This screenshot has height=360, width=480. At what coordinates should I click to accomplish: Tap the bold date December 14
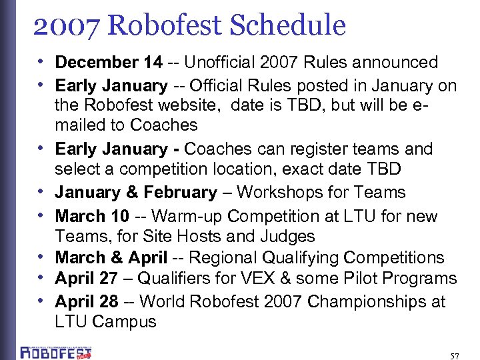coord(108,63)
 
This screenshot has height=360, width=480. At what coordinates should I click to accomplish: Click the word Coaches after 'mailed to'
coord(164,125)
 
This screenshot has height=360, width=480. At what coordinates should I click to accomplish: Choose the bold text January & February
coord(136,193)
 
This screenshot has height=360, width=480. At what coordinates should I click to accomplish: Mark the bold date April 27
coord(86,279)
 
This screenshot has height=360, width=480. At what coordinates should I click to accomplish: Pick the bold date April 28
coord(86,301)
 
